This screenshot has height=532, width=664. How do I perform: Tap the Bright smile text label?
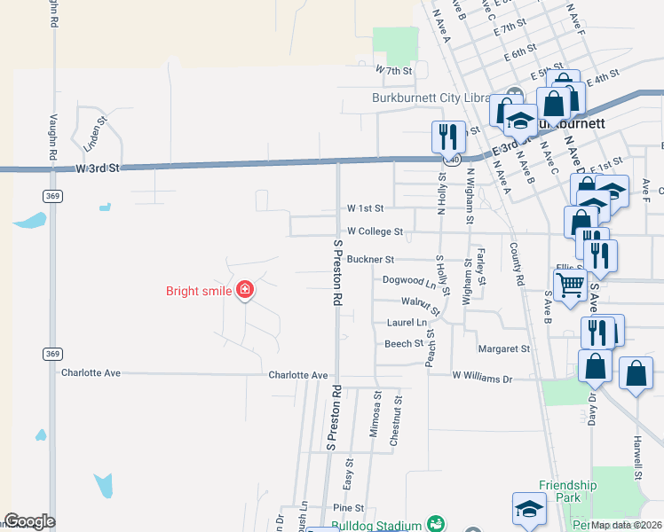pos(198,291)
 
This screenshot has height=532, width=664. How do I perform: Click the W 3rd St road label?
pos(97,168)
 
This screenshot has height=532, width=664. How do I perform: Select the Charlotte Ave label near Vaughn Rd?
pos(90,373)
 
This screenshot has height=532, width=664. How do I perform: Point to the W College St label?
pos(375,231)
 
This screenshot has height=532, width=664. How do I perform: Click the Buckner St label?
pos(370,260)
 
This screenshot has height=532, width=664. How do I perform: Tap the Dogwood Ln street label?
pos(409,280)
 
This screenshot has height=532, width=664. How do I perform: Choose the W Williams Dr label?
pos(483,379)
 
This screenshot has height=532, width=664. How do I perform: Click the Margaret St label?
pos(503,349)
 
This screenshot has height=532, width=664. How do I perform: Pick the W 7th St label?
pos(395,70)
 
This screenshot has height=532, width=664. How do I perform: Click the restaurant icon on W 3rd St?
pos(448,136)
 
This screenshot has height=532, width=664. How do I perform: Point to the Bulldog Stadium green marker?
pos(435,524)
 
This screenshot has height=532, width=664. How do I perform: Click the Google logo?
pos(29,521)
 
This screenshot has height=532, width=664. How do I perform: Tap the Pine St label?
pos(348,508)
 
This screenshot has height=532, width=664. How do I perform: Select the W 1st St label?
pos(365,208)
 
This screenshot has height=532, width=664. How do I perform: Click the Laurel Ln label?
pos(405,323)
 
